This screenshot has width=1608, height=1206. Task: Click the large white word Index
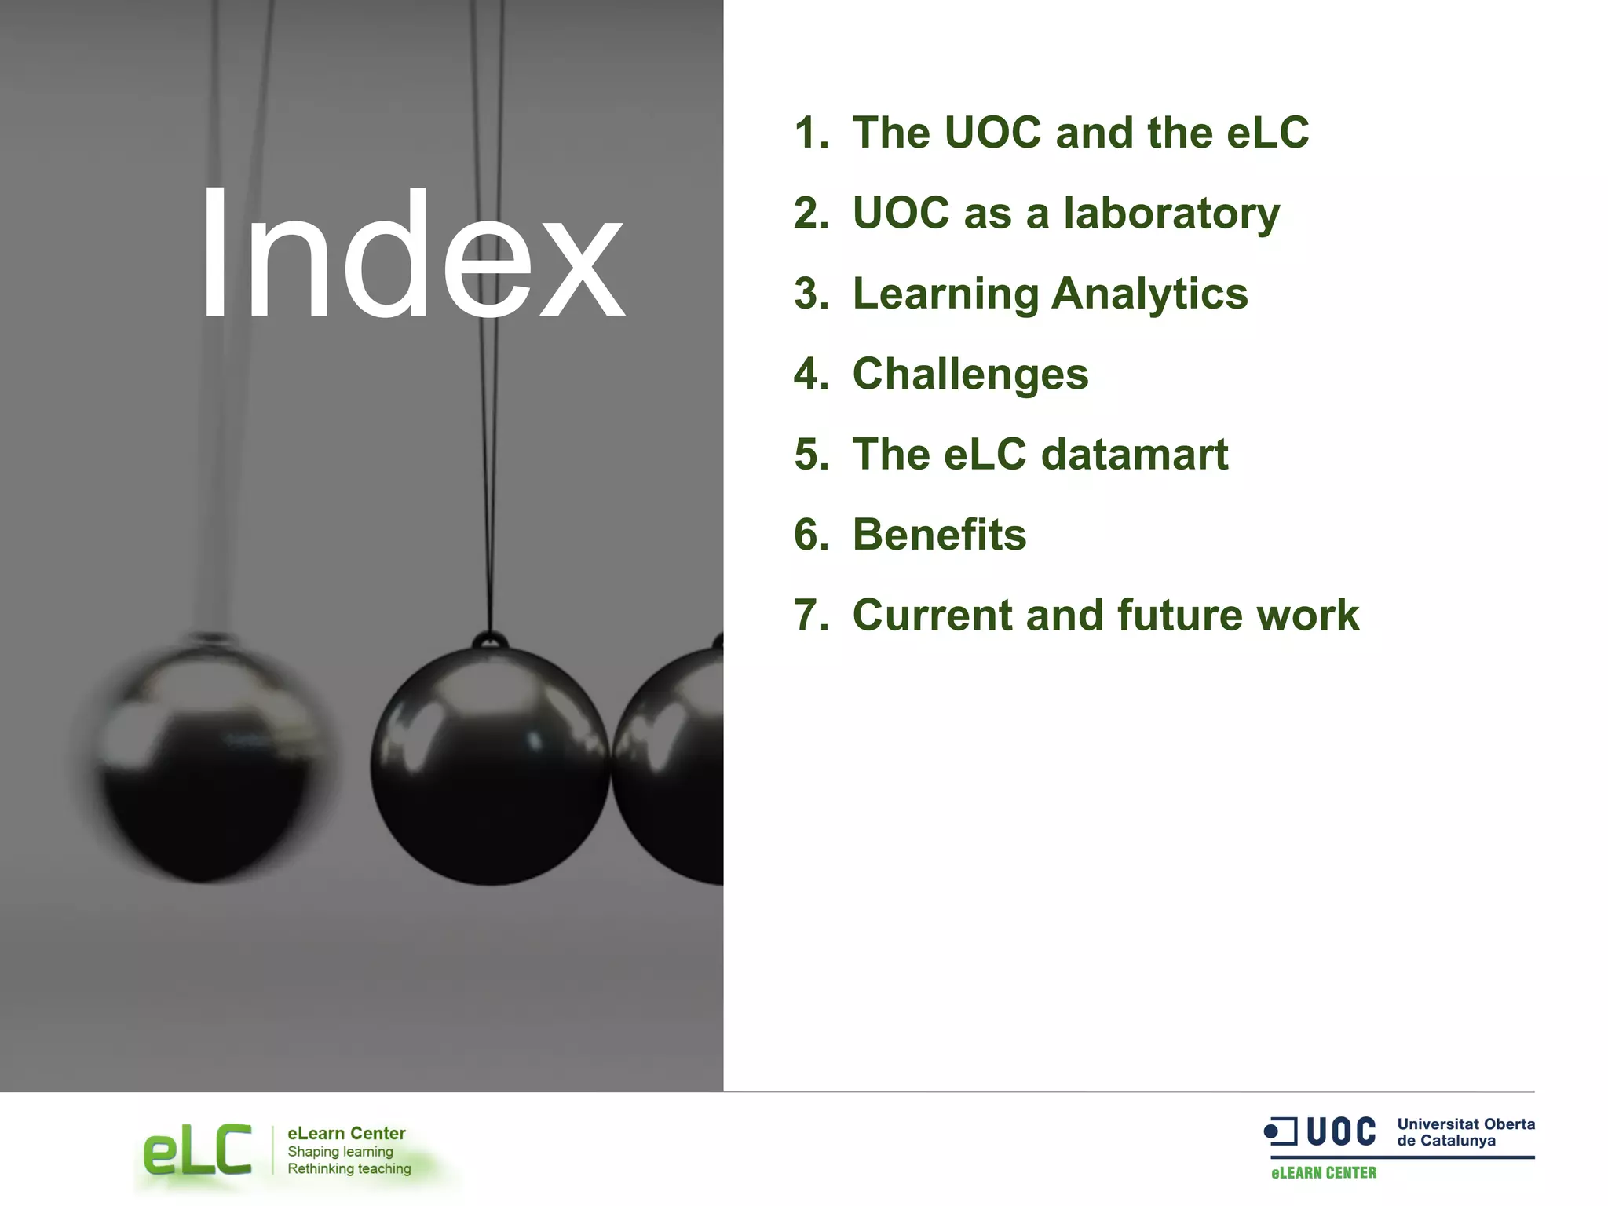pyautogui.click(x=412, y=255)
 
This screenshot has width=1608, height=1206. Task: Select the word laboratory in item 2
pyautogui.click(x=1171, y=214)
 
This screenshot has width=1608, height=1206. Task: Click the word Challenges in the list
pyautogui.click(x=970, y=374)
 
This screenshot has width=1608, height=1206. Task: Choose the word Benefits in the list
pyautogui.click(x=939, y=535)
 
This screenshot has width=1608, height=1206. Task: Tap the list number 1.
pyautogui.click(x=811, y=133)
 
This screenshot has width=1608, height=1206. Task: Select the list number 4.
pyautogui.click(x=811, y=374)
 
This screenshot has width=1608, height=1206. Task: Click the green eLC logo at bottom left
pyautogui.click(x=197, y=1150)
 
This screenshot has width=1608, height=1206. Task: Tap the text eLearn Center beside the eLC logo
pyautogui.click(x=346, y=1133)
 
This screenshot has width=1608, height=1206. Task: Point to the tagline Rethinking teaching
pyautogui.click(x=349, y=1168)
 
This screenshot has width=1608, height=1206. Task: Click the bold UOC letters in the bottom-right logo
pyautogui.click(x=1341, y=1132)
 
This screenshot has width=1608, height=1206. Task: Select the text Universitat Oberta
pyautogui.click(x=1466, y=1124)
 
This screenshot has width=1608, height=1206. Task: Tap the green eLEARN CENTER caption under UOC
pyautogui.click(x=1324, y=1173)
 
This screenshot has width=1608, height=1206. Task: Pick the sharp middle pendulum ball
pyautogui.click(x=490, y=766)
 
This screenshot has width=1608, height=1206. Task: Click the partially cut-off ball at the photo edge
pyautogui.click(x=671, y=766)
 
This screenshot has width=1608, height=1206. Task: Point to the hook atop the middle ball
pyautogui.click(x=490, y=641)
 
